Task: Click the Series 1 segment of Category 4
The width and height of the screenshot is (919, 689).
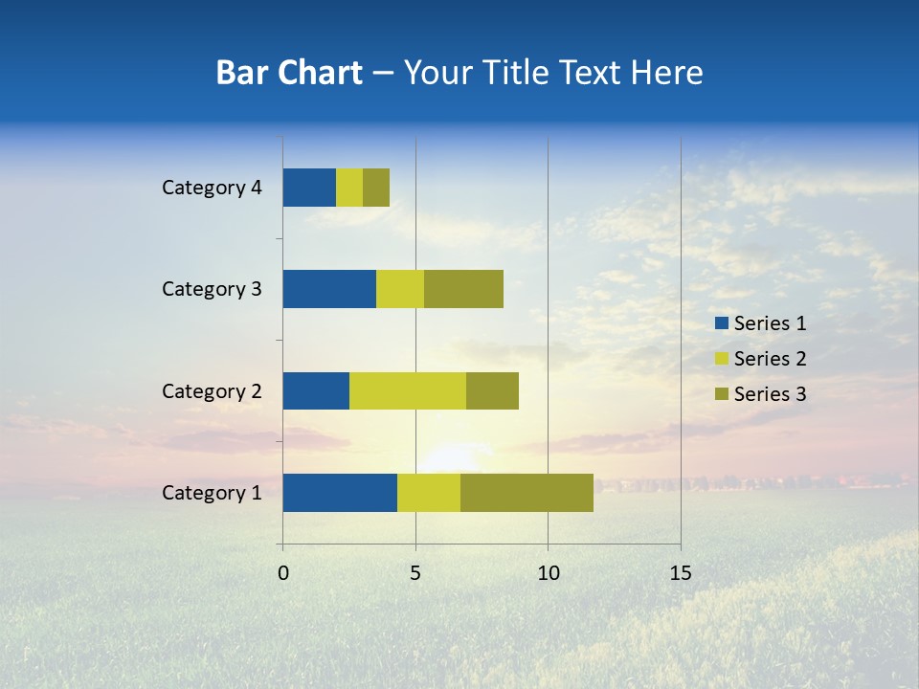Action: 309,188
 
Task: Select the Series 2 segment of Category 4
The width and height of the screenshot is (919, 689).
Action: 349,188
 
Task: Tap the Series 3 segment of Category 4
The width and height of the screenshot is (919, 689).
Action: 376,188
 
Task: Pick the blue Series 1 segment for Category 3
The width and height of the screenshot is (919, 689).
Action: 329,289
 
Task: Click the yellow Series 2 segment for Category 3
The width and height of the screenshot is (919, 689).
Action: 400,289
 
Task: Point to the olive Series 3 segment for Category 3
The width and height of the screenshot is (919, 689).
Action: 463,289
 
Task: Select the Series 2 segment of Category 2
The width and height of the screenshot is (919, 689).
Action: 408,390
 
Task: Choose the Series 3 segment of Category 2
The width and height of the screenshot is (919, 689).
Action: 492,390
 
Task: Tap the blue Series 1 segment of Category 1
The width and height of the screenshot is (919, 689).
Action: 340,493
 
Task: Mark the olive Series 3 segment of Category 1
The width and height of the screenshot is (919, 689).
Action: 527,493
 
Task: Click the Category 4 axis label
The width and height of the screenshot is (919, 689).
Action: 212,188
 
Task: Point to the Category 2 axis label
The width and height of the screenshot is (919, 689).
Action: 212,391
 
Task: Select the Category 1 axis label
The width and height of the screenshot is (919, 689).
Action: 212,493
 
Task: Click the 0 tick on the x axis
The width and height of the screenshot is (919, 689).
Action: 283,573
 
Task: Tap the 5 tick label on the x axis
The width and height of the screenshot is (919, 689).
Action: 415,573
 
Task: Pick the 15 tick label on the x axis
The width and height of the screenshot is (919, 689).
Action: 681,573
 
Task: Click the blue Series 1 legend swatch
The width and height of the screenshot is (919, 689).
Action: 721,323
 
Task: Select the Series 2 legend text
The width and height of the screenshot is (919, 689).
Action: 770,359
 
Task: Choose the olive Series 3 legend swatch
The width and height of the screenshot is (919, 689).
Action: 721,394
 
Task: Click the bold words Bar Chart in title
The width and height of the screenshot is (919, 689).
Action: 289,73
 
